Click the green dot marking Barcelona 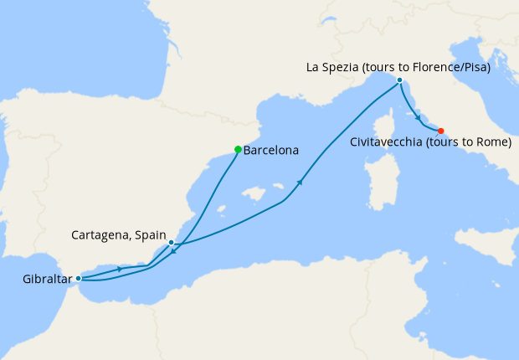[238, 150]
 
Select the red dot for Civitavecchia [441, 131]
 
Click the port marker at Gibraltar [78, 278]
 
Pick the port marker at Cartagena [171, 243]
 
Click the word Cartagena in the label [100, 234]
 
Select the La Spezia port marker [399, 80]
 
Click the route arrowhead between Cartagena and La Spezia [299, 183]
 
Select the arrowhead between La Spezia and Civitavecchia [417, 120]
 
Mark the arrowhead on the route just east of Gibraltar [122, 269]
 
